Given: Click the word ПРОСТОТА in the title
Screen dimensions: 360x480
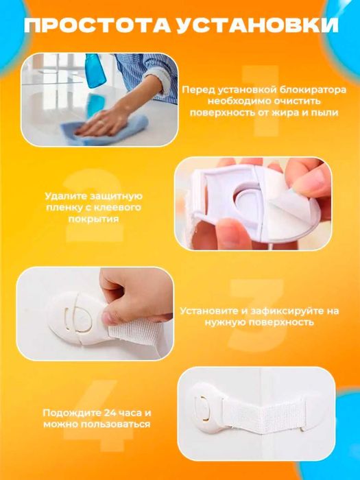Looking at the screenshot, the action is click(97, 25).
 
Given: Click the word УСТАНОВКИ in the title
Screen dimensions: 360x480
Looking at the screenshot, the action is click(257, 25).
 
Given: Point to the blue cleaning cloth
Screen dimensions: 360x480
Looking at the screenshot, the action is click(104, 130).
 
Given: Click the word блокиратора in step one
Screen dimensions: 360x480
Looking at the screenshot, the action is click(311, 90).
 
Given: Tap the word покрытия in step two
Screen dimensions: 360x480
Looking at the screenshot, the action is click(93, 219).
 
